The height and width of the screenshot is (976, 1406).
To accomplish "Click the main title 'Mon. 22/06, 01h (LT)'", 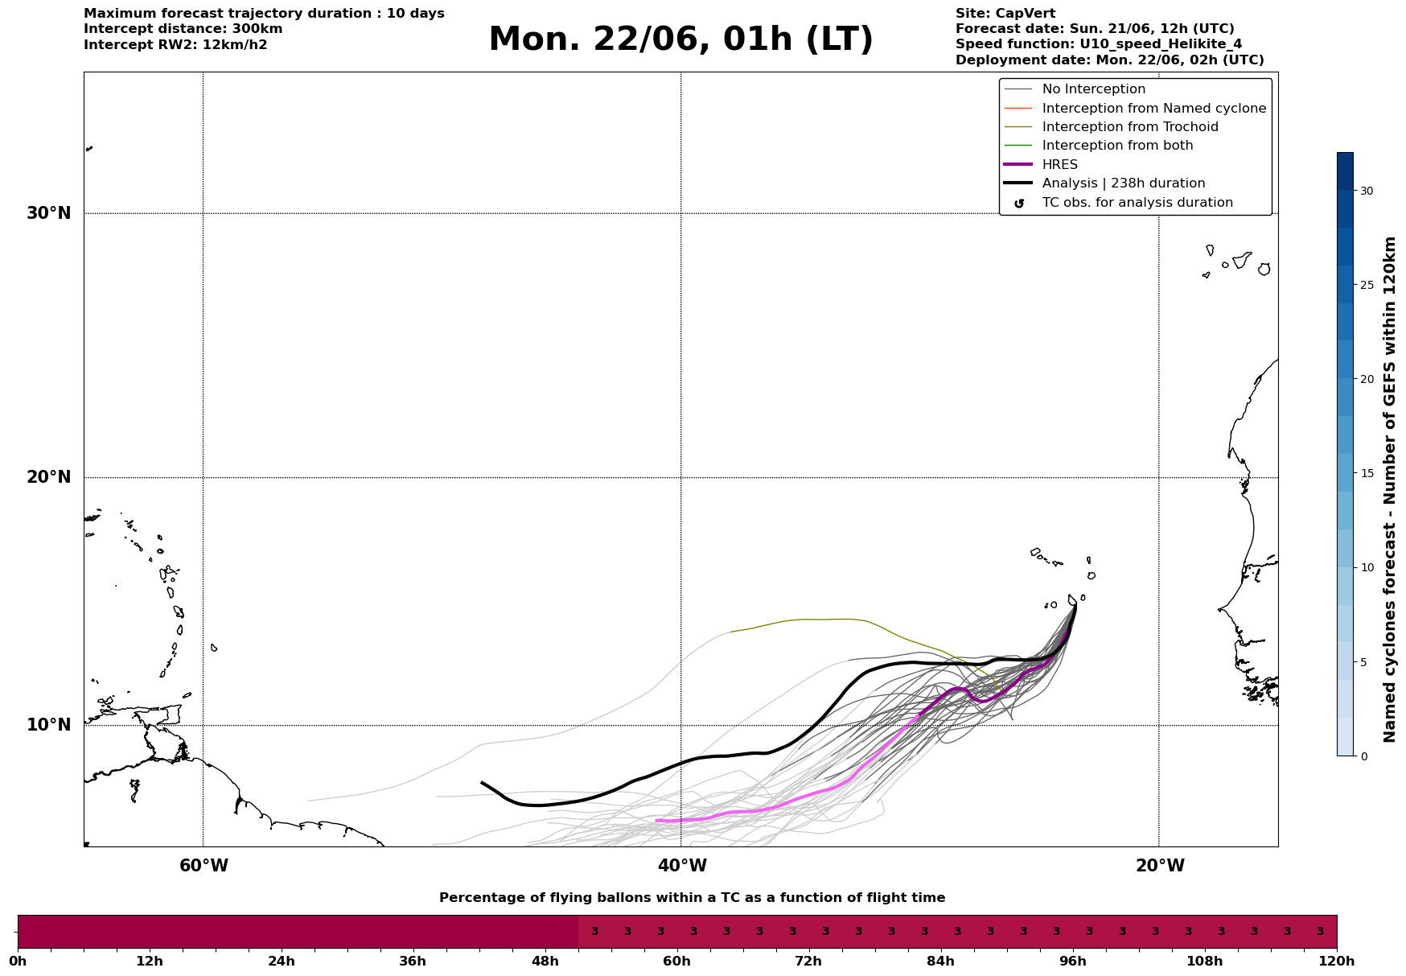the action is click(x=680, y=39).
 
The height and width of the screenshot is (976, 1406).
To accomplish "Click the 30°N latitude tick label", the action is click(x=49, y=213).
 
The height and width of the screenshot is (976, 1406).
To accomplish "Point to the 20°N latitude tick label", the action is click(x=49, y=477).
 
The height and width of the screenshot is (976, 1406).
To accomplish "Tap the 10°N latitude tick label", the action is click(x=49, y=725).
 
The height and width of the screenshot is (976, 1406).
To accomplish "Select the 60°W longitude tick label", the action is click(x=203, y=866).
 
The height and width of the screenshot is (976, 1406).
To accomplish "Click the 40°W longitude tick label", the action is click(x=682, y=866).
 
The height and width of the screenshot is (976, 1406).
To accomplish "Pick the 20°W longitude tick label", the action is click(x=1160, y=866).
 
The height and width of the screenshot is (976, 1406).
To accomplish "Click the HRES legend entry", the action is click(x=1060, y=165).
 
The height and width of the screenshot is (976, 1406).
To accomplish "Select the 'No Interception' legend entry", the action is click(x=1094, y=89).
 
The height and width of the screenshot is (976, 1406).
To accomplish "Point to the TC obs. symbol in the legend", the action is click(x=1019, y=204).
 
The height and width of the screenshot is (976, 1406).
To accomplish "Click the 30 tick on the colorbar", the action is click(x=1367, y=191).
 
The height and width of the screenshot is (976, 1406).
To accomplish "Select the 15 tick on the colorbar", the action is click(x=1367, y=473).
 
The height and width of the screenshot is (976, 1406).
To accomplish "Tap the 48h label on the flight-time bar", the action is click(x=545, y=961).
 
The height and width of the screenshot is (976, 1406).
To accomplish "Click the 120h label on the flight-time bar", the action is click(x=1337, y=961).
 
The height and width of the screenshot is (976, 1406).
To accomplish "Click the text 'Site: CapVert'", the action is click(x=1005, y=14).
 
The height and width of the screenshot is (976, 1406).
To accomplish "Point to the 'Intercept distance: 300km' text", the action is click(x=183, y=29).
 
